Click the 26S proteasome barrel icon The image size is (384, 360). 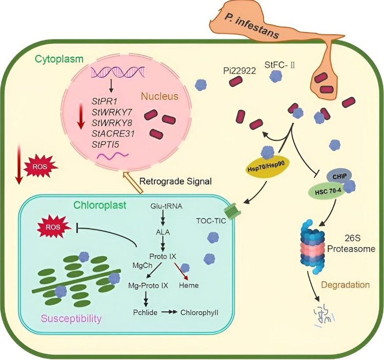(312, 247)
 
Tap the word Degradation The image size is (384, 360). (345, 285)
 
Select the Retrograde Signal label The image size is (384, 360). (175, 181)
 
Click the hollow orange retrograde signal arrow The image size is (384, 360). (132, 182)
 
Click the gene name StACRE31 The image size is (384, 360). (113, 133)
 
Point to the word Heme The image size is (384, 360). (189, 285)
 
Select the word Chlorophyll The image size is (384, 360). (199, 312)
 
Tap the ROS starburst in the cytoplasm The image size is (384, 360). (40, 167)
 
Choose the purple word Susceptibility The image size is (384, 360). (71, 319)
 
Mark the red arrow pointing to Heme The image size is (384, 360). (181, 271)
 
